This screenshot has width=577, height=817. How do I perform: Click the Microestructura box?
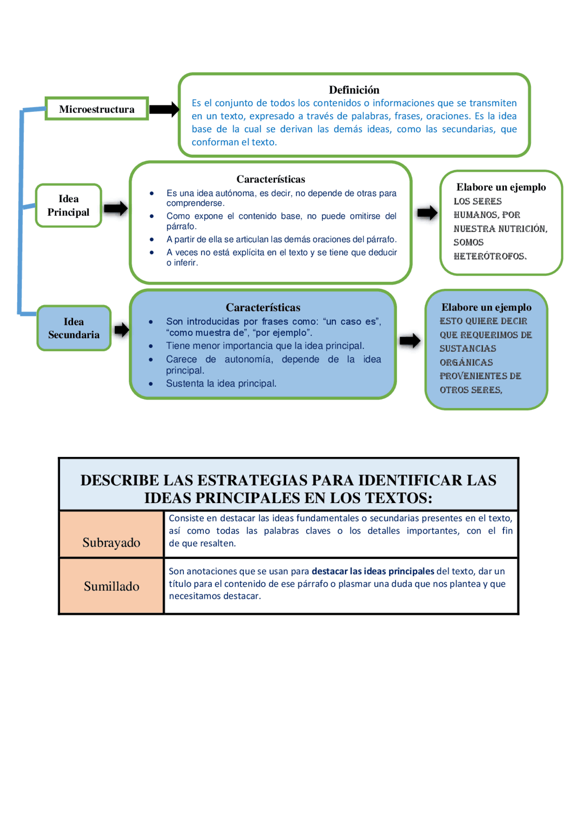click(x=96, y=109)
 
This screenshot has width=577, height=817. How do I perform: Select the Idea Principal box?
click(x=69, y=206)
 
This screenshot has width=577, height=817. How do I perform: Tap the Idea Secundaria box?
click(x=74, y=328)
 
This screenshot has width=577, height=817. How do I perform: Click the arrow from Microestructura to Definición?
click(x=164, y=109)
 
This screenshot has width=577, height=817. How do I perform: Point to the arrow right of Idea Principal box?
click(x=116, y=208)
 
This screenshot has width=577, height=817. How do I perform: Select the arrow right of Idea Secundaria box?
click(x=121, y=330)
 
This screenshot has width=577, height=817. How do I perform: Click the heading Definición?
click(x=354, y=90)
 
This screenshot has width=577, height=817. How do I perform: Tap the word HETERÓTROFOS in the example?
click(x=490, y=256)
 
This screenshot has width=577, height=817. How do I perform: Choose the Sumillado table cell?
click(x=111, y=586)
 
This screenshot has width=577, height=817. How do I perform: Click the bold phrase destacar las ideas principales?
click(x=373, y=571)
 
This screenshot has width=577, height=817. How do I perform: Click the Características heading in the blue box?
click(x=263, y=307)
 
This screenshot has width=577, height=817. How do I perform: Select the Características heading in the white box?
click(x=270, y=179)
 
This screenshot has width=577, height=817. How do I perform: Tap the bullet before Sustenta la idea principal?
click(x=151, y=384)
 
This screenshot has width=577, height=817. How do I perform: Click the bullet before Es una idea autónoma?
click(x=152, y=194)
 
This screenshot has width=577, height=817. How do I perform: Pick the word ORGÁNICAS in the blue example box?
click(x=466, y=362)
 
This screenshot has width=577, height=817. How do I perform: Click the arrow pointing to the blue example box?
click(x=410, y=341)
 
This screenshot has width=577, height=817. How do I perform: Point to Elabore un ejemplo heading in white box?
click(x=501, y=187)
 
